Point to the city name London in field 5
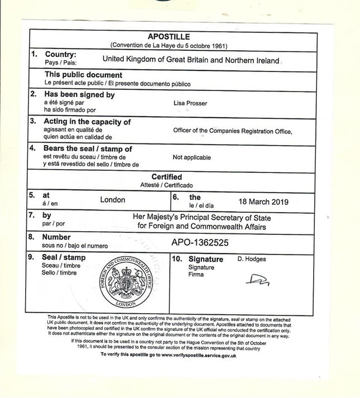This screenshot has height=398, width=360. click(113, 199)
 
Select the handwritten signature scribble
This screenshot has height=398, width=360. click(258, 279)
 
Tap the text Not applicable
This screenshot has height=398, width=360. click(192, 157)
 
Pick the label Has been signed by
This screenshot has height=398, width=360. click(79, 95)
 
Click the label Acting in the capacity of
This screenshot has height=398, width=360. click(87, 122)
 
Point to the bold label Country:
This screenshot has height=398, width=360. click(60, 55)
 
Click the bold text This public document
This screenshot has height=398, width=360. click(83, 75)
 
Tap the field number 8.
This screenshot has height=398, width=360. click(32, 237)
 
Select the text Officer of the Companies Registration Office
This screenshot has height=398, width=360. click(233, 131)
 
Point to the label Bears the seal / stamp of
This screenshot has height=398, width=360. click(88, 148)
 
